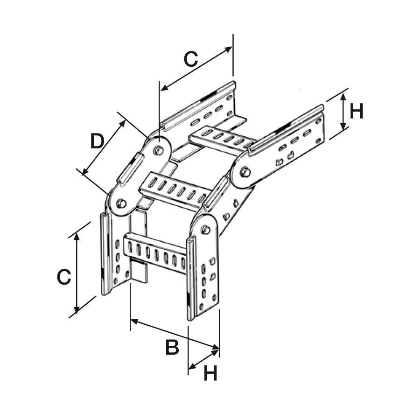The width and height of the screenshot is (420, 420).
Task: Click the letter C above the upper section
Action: point(190,59)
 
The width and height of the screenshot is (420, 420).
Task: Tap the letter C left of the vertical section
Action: point(64,277)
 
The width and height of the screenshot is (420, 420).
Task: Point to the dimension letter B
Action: point(172,347)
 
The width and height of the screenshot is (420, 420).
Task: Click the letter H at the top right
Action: point(357,112)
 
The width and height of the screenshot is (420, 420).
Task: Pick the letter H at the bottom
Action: point(210,373)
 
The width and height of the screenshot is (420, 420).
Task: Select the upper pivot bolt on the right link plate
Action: point(244,172)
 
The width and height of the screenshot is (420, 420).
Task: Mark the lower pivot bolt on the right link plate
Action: point(204,230)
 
